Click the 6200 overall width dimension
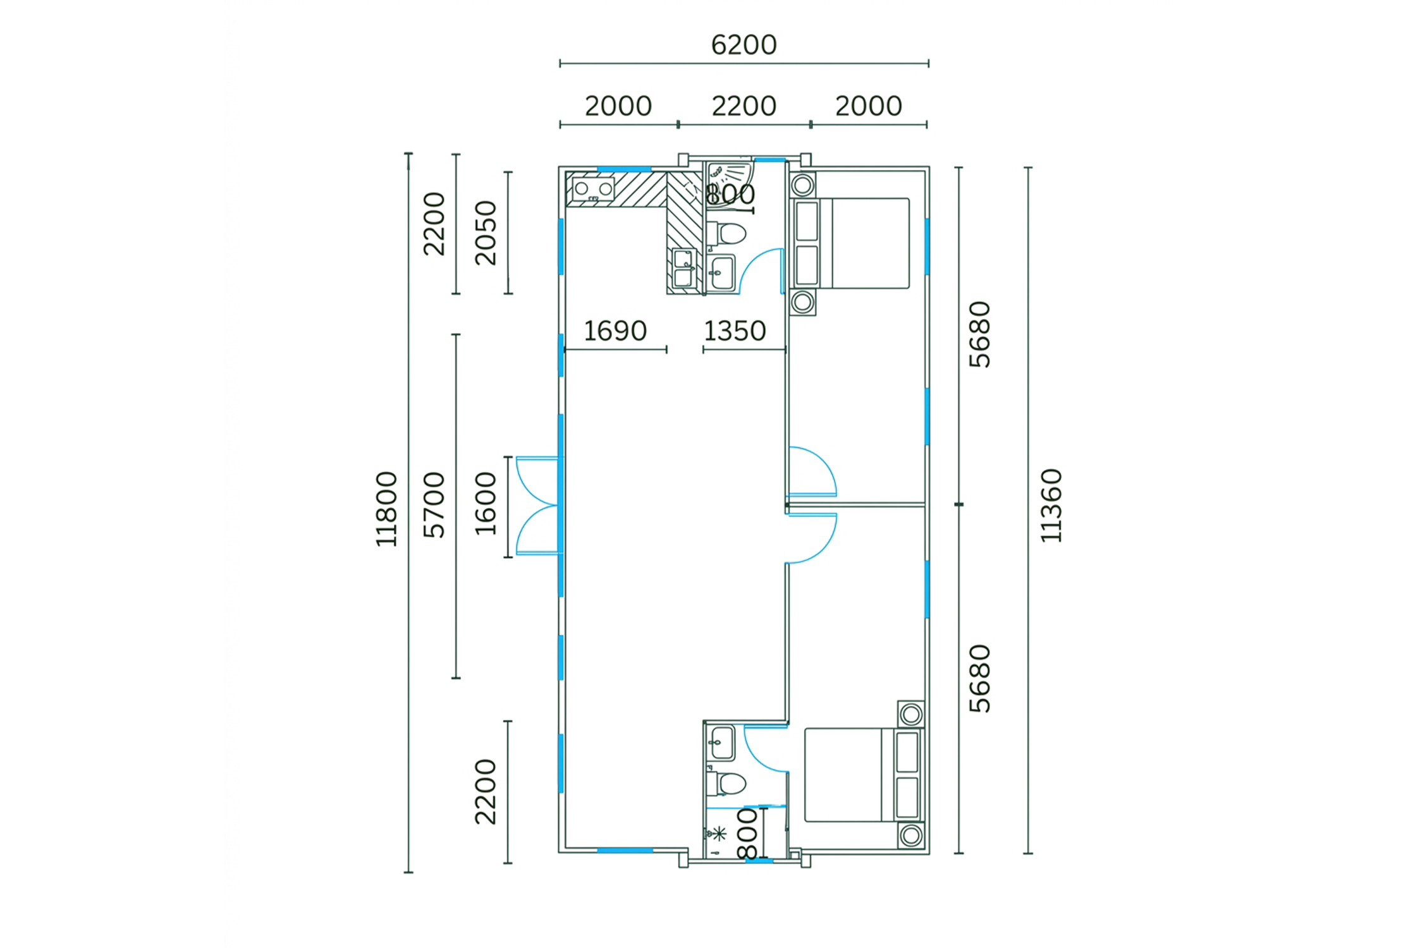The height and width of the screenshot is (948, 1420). tap(744, 45)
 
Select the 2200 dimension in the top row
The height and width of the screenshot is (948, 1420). tap(744, 106)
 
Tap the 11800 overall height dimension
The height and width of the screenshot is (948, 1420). tap(386, 509)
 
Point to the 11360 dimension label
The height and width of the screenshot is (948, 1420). tap(1051, 506)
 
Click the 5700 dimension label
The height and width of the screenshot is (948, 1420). tap(434, 505)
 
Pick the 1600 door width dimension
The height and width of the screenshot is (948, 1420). tap(486, 504)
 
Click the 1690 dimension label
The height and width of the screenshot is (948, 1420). tap(615, 331)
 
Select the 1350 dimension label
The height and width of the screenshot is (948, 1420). tap(735, 331)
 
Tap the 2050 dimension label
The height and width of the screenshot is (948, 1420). tap(486, 233)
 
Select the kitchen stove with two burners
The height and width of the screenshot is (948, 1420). tap(593, 189)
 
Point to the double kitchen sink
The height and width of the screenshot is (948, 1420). tap(683, 268)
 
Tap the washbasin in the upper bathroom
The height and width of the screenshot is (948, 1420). tap(721, 272)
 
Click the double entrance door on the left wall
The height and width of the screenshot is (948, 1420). tap(537, 506)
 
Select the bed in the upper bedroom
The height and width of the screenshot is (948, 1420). tap(850, 243)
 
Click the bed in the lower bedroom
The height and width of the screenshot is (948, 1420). tap(864, 775)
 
